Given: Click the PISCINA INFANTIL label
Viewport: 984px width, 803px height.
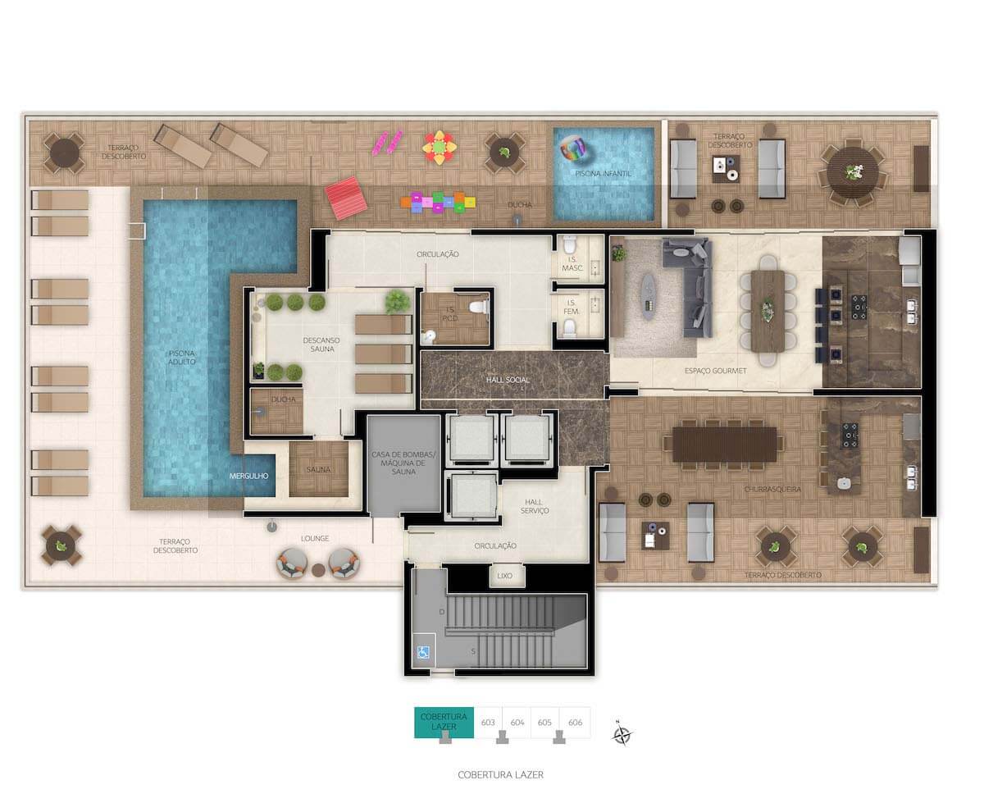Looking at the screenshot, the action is [x=603, y=174].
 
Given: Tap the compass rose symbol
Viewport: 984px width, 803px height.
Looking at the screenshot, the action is [x=622, y=735].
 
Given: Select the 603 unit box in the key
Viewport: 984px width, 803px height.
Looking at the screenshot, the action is [x=488, y=723].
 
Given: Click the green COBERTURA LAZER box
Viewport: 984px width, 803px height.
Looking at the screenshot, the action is [x=444, y=723].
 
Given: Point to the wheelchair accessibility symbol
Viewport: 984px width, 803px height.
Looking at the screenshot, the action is [x=423, y=652].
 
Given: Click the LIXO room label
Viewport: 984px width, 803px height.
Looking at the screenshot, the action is [x=504, y=576].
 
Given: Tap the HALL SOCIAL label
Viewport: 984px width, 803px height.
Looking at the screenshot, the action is [x=508, y=380].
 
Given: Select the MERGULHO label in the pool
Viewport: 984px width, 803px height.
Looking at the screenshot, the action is [x=248, y=476].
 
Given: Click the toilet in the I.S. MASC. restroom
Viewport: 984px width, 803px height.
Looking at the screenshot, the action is [x=570, y=244].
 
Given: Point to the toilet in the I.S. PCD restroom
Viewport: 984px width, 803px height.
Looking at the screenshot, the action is [x=479, y=307].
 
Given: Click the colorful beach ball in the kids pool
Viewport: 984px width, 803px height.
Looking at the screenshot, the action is [x=572, y=148].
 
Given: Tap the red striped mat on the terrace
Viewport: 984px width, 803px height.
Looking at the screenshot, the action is [x=346, y=198].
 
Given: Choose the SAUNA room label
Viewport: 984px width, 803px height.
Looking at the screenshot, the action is [x=318, y=469].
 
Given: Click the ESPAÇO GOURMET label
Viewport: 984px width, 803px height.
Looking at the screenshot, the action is [x=715, y=371].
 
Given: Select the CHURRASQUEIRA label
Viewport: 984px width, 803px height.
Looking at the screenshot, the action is [x=772, y=490].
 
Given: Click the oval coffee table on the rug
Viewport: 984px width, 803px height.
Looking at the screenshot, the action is [x=648, y=296].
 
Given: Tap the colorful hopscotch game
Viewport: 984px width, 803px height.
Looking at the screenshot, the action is [x=438, y=203].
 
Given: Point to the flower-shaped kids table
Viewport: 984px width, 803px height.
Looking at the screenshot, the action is [x=439, y=148].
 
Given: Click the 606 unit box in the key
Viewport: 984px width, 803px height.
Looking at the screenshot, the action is [x=575, y=723].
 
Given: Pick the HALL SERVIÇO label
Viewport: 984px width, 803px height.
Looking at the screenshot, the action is [x=534, y=506].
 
